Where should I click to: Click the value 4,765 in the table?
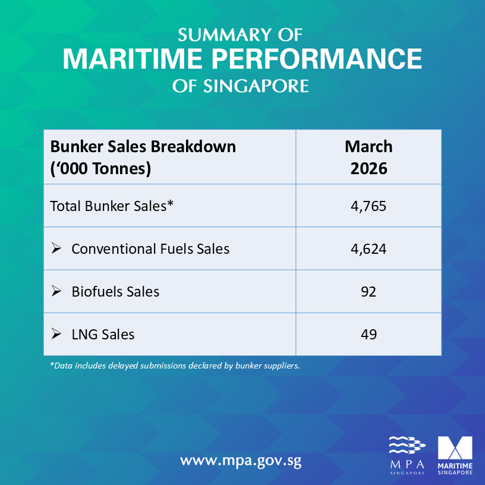[369, 206]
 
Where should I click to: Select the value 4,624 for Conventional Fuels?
[369, 249]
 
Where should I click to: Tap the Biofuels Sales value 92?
[369, 292]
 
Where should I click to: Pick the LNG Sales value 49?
[369, 335]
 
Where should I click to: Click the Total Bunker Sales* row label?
[111, 206]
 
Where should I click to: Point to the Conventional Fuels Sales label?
[150, 249]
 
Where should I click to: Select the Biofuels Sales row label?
[115, 292]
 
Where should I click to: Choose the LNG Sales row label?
[103, 335]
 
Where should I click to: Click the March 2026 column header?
[369, 158]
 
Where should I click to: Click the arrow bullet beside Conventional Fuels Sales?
[56, 249]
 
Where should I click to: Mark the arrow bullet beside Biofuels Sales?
[56, 292]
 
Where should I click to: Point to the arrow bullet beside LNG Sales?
[56, 335]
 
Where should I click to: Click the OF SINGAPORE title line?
[241, 86]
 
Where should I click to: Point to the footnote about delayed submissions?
[175, 366]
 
